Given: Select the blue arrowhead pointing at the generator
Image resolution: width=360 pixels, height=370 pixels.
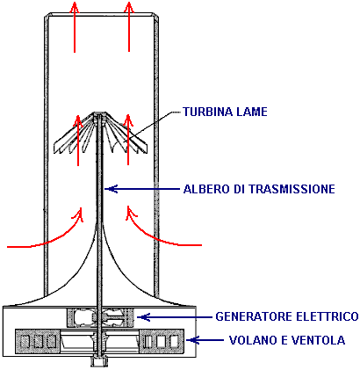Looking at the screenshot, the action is [x=144, y=317].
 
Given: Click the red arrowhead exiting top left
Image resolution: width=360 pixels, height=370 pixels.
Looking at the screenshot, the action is [x=75, y=7].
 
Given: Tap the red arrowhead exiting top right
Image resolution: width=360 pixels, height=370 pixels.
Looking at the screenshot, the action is [x=129, y=7].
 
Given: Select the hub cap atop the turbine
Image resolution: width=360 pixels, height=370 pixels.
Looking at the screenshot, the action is [x=100, y=113].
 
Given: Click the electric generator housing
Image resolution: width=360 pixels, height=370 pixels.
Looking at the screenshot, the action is [x=101, y=317].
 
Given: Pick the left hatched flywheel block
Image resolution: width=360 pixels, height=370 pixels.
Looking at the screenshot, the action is [x=38, y=341].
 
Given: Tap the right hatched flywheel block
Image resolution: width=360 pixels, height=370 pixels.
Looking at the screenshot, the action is [x=162, y=341].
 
